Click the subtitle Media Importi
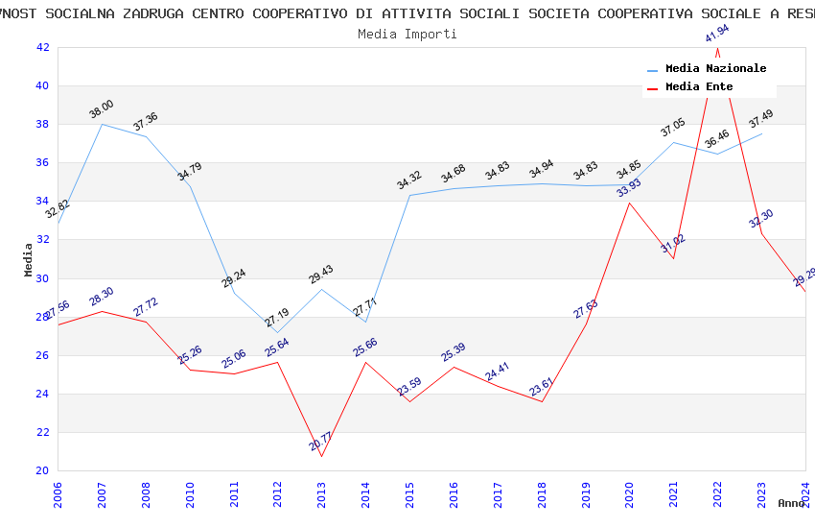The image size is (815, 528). coord(407,34)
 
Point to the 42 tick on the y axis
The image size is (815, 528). coord(42,47)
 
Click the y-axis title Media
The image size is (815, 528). coord(29,259)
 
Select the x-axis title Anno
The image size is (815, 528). coord(791,503)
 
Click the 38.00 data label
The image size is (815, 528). coord(102,108)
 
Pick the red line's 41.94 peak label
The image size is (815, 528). coord(717,35)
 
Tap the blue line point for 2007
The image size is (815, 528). coord(102,124)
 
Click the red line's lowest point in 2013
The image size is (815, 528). coord(321,456)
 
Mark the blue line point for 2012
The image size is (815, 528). coord(277,332)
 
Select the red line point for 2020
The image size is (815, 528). coord(629,203)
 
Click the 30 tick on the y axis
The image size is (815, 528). coord(42,278)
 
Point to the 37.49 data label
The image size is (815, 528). coord(761,119)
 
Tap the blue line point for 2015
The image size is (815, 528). coord(409,196)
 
